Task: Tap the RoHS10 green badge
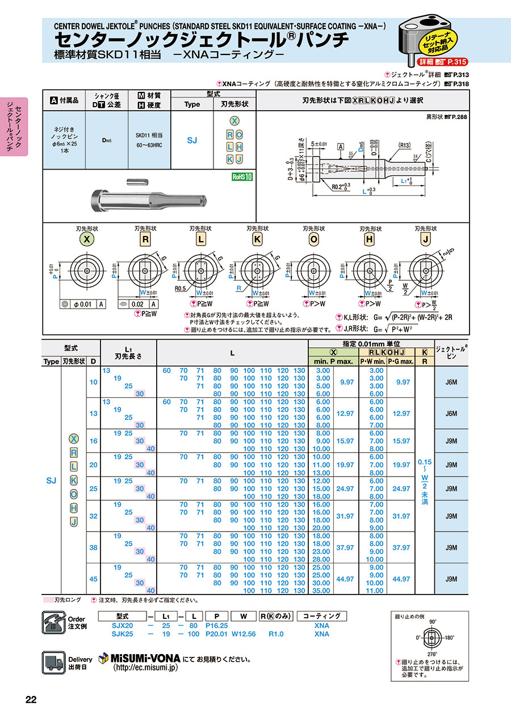[x=242, y=176]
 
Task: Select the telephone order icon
[x=54, y=623]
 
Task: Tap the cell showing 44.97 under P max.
[x=346, y=579]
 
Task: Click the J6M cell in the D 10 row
[x=451, y=382]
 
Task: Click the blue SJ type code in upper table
[x=192, y=140]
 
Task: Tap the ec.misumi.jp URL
[x=146, y=668]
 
